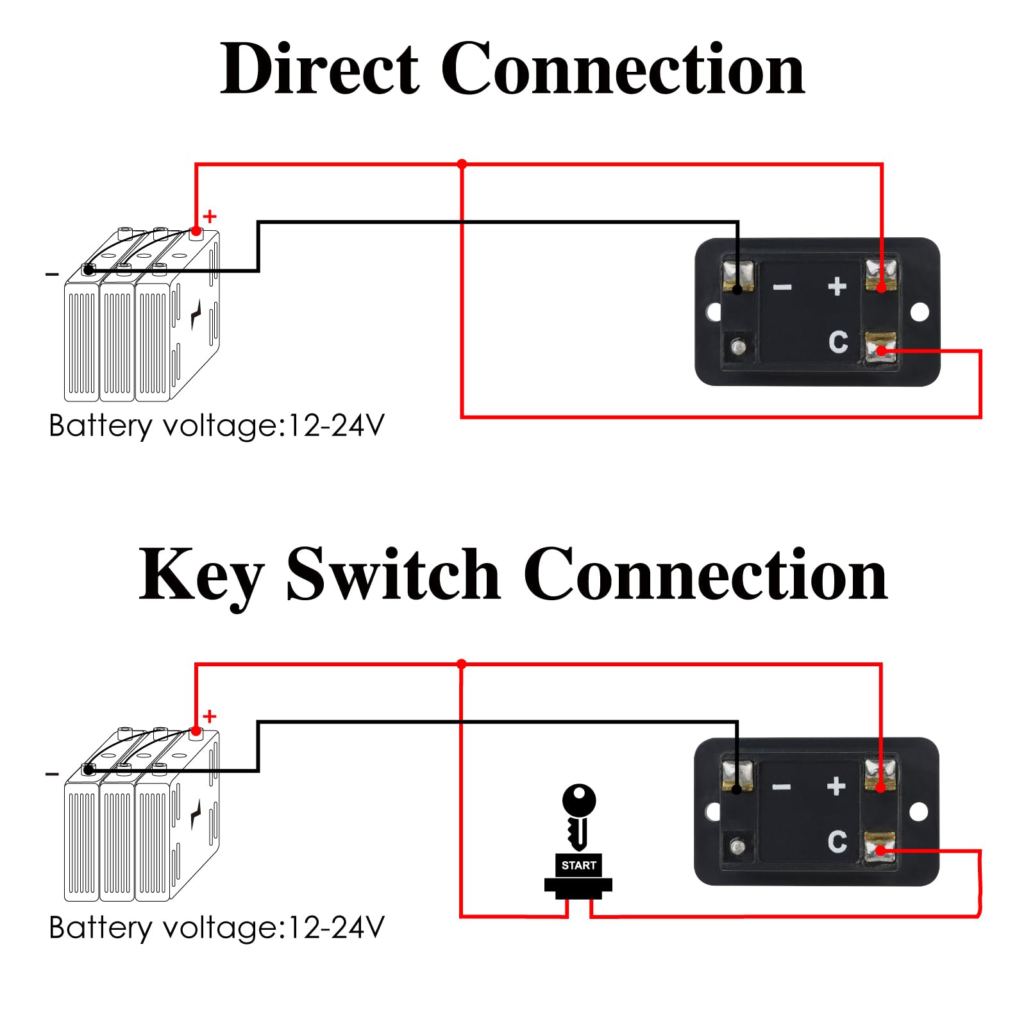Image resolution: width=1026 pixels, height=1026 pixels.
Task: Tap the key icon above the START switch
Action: pyautogui.click(x=579, y=816)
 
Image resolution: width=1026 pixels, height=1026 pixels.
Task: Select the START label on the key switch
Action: pyautogui.click(x=578, y=865)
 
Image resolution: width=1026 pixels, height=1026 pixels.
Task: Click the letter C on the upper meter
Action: pyautogui.click(x=838, y=342)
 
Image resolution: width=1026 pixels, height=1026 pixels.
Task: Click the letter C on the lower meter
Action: pyautogui.click(x=837, y=841)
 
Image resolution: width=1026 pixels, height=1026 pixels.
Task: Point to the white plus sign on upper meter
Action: pyautogui.click(x=837, y=286)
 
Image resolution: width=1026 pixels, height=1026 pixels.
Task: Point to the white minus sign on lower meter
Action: pyautogui.click(x=781, y=787)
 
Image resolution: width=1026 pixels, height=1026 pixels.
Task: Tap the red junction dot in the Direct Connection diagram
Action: pyautogui.click(x=462, y=164)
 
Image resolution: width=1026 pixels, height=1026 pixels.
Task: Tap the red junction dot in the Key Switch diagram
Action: pyautogui.click(x=461, y=664)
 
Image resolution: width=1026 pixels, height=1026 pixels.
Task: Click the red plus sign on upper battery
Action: pyautogui.click(x=210, y=217)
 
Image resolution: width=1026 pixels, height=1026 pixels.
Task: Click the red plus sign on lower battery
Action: pyautogui.click(x=210, y=716)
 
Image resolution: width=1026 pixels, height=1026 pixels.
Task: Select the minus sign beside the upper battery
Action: pyautogui.click(x=52, y=274)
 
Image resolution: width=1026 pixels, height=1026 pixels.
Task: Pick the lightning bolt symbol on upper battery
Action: pyautogui.click(x=196, y=315)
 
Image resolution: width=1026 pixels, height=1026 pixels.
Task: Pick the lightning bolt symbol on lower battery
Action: pyautogui.click(x=196, y=814)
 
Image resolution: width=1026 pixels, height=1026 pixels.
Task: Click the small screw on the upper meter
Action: pyautogui.click(x=738, y=347)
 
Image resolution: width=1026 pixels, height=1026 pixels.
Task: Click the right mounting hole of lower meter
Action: pyautogui.click(x=919, y=812)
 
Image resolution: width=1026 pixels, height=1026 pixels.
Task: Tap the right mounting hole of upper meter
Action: pyautogui.click(x=920, y=312)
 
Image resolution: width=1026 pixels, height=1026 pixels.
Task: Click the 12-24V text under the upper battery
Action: pyautogui.click(x=337, y=425)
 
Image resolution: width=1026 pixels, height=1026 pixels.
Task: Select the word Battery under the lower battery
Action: pyautogui.click(x=101, y=929)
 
